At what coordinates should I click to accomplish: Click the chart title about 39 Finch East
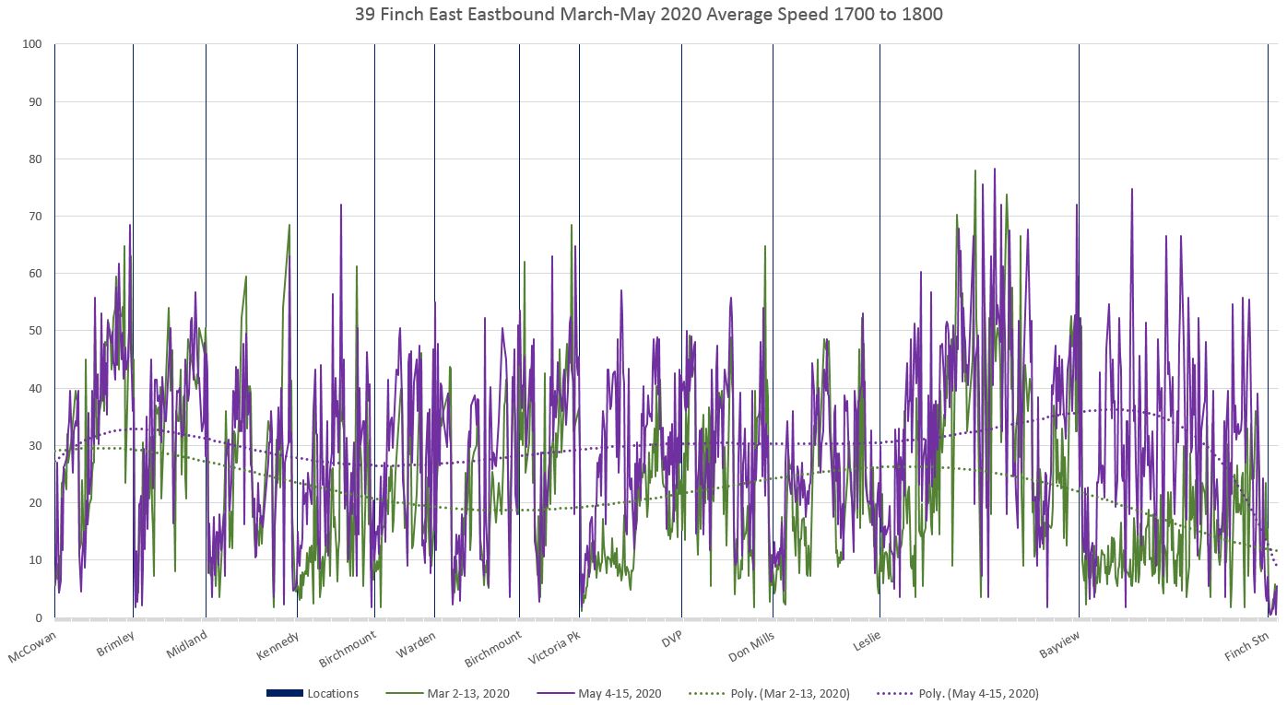point(643,15)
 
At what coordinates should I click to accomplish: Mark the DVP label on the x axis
point(671,639)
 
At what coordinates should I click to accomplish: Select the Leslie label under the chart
point(866,640)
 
